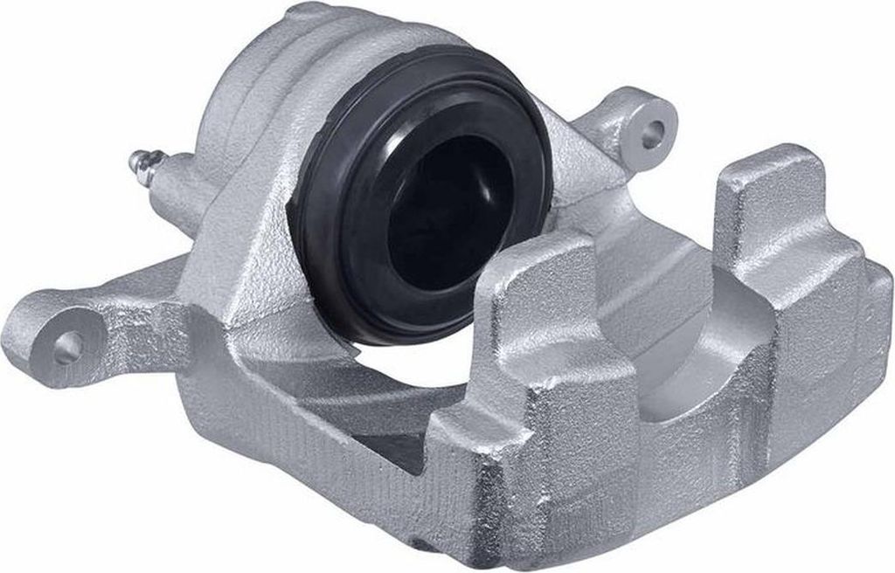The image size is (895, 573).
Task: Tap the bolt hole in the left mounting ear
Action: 66,349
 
